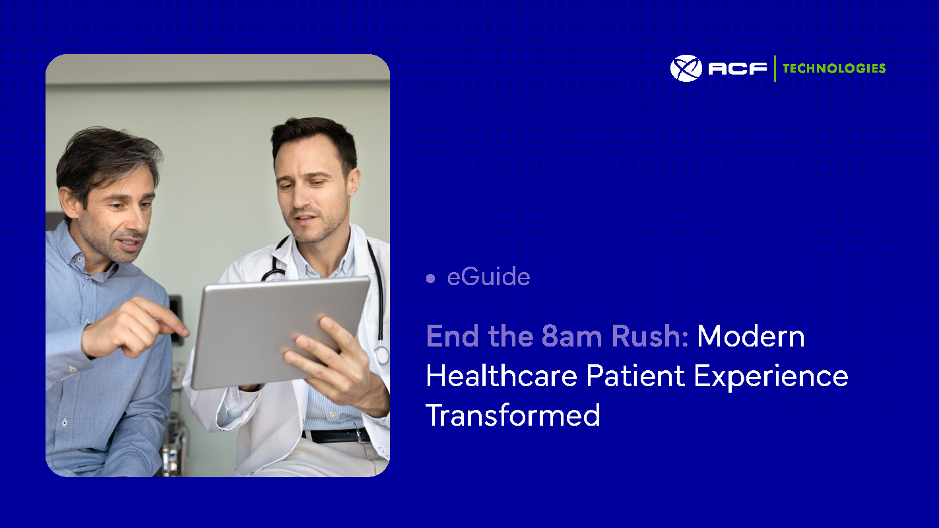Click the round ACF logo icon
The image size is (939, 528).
click(686, 68)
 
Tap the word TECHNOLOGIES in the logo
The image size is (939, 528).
click(834, 68)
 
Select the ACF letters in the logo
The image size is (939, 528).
click(737, 68)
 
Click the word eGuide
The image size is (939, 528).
click(488, 277)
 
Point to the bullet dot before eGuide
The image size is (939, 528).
click(431, 279)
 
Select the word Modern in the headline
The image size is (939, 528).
click(751, 337)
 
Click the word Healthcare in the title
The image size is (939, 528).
click(502, 376)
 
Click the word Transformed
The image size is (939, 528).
click(513, 416)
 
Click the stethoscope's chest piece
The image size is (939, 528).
click(381, 356)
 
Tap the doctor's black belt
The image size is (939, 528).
click(337, 436)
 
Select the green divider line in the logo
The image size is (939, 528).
click(775, 68)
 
